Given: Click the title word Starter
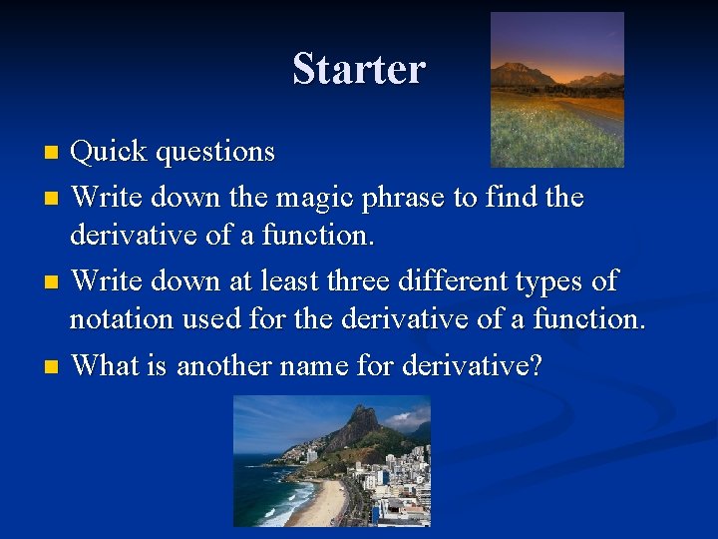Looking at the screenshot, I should [359, 69].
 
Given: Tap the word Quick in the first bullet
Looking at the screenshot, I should [109, 152].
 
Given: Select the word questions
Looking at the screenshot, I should [214, 153].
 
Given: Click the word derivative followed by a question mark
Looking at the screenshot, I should [472, 365].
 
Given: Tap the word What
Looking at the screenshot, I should [106, 365].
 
